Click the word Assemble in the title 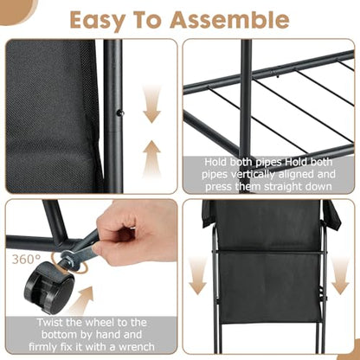[x=229, y=20]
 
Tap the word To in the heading [x=147, y=20]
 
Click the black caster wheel [x=48, y=288]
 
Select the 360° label [x=26, y=260]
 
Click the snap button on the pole [x=121, y=113]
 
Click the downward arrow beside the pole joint [x=151, y=105]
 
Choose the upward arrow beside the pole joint [x=151, y=158]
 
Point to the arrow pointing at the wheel [x=82, y=299]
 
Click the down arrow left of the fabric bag [x=198, y=276]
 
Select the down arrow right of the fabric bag [x=340, y=276]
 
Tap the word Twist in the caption [x=50, y=322]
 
